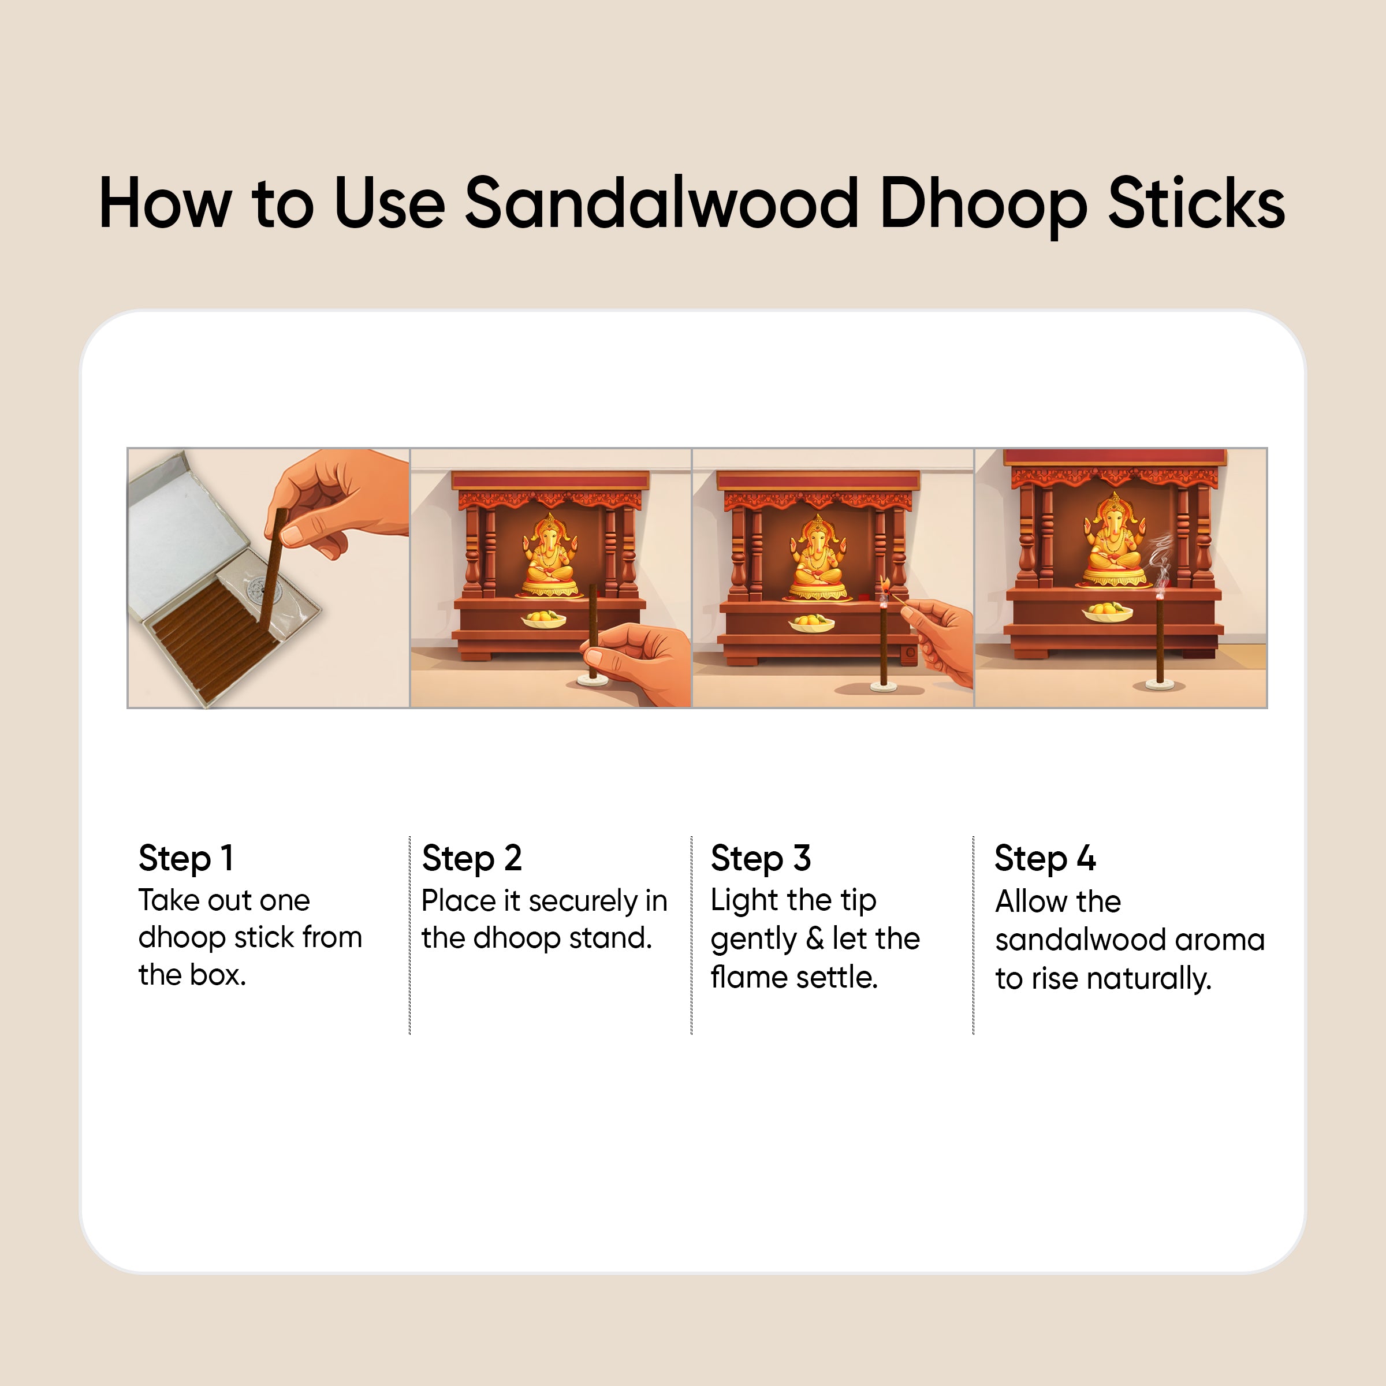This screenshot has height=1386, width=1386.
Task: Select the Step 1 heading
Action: [186, 858]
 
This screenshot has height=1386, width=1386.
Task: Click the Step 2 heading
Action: [471, 858]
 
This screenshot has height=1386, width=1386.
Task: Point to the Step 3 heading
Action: [761, 858]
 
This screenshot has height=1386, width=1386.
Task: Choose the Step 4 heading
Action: [1045, 858]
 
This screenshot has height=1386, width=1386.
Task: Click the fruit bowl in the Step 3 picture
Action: [811, 623]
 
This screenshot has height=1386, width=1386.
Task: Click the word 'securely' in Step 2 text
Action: [583, 901]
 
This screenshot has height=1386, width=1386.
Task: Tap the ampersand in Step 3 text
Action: [814, 939]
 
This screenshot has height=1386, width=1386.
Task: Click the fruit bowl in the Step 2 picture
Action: [543, 619]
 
